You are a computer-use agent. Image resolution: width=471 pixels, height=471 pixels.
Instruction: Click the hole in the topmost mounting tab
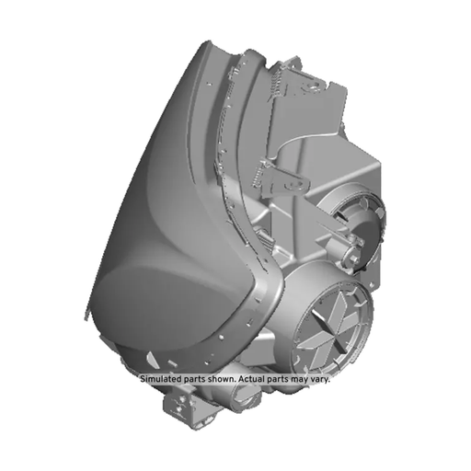point(314,87)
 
